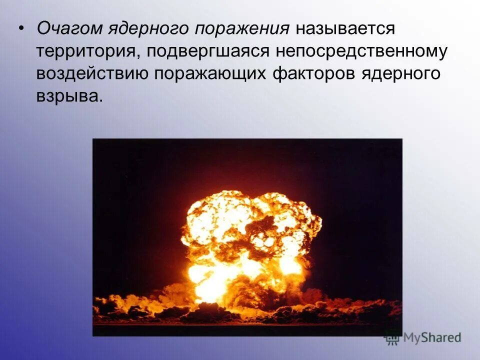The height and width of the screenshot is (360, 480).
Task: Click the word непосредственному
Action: coord(362,51)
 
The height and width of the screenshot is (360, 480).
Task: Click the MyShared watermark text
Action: coord(432,337)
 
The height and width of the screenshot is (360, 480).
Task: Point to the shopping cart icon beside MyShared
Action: coord(392,337)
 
